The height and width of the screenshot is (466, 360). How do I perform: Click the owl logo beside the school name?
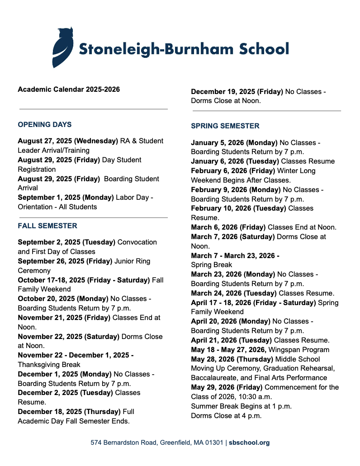[x=62, y=47]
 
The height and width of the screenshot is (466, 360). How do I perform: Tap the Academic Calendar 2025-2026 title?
[x=69, y=89]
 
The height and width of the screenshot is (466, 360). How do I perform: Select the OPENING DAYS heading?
[x=45, y=125]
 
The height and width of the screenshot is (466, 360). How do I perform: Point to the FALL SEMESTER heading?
[x=47, y=226]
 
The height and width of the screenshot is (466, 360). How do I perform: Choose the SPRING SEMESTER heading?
[x=225, y=126]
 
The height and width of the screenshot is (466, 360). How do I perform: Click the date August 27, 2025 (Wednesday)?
[x=68, y=141]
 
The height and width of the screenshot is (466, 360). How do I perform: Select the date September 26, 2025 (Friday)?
[x=65, y=261]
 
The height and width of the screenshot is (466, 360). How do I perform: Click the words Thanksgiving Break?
[x=49, y=365]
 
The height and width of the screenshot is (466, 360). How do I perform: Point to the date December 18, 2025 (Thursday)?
[x=69, y=412]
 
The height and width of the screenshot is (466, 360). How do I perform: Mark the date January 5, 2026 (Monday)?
[x=234, y=143]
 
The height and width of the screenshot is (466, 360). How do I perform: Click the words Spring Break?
[x=211, y=265]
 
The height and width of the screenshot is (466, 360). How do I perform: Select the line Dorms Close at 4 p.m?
[x=226, y=416]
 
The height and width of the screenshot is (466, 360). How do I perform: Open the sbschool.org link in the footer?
[x=249, y=443]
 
